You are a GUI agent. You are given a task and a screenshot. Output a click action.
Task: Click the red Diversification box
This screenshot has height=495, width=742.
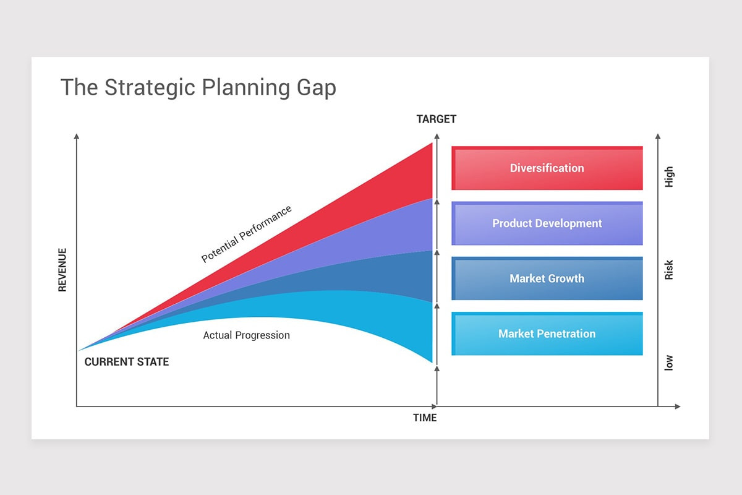(547, 168)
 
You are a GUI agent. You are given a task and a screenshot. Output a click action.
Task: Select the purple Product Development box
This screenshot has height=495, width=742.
(547, 223)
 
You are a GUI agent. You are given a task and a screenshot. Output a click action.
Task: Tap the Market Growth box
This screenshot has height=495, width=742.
(547, 278)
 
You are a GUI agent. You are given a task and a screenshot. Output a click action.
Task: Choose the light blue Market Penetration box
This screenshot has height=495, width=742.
(547, 334)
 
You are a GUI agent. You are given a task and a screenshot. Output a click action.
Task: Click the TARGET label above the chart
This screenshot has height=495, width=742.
(437, 119)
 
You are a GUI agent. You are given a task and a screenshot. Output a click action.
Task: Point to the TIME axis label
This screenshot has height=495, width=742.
(425, 418)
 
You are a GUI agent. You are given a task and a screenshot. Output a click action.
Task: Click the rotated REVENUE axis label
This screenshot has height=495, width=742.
(62, 270)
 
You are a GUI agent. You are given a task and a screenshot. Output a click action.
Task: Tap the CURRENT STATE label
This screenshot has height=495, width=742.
(127, 362)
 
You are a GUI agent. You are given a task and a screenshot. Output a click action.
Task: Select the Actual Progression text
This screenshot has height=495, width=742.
(247, 335)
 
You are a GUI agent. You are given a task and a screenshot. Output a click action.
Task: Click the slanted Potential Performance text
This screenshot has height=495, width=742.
(247, 234)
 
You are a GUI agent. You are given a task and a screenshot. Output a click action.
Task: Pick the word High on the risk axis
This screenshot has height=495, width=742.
(669, 177)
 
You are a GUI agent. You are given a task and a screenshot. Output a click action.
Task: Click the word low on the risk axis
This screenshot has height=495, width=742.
(669, 363)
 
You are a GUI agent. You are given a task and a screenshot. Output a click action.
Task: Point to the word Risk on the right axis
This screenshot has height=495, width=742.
(669, 270)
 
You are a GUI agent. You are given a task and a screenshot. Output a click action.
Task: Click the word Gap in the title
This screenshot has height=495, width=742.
(317, 88)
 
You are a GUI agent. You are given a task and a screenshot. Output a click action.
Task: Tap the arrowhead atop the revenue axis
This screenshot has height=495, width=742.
(77, 136)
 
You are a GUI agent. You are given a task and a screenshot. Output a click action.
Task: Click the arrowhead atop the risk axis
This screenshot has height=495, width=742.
(658, 136)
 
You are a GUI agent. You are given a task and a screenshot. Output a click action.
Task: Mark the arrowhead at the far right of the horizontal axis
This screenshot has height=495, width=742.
(678, 407)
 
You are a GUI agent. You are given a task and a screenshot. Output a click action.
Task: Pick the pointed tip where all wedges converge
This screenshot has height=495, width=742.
(79, 350)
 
